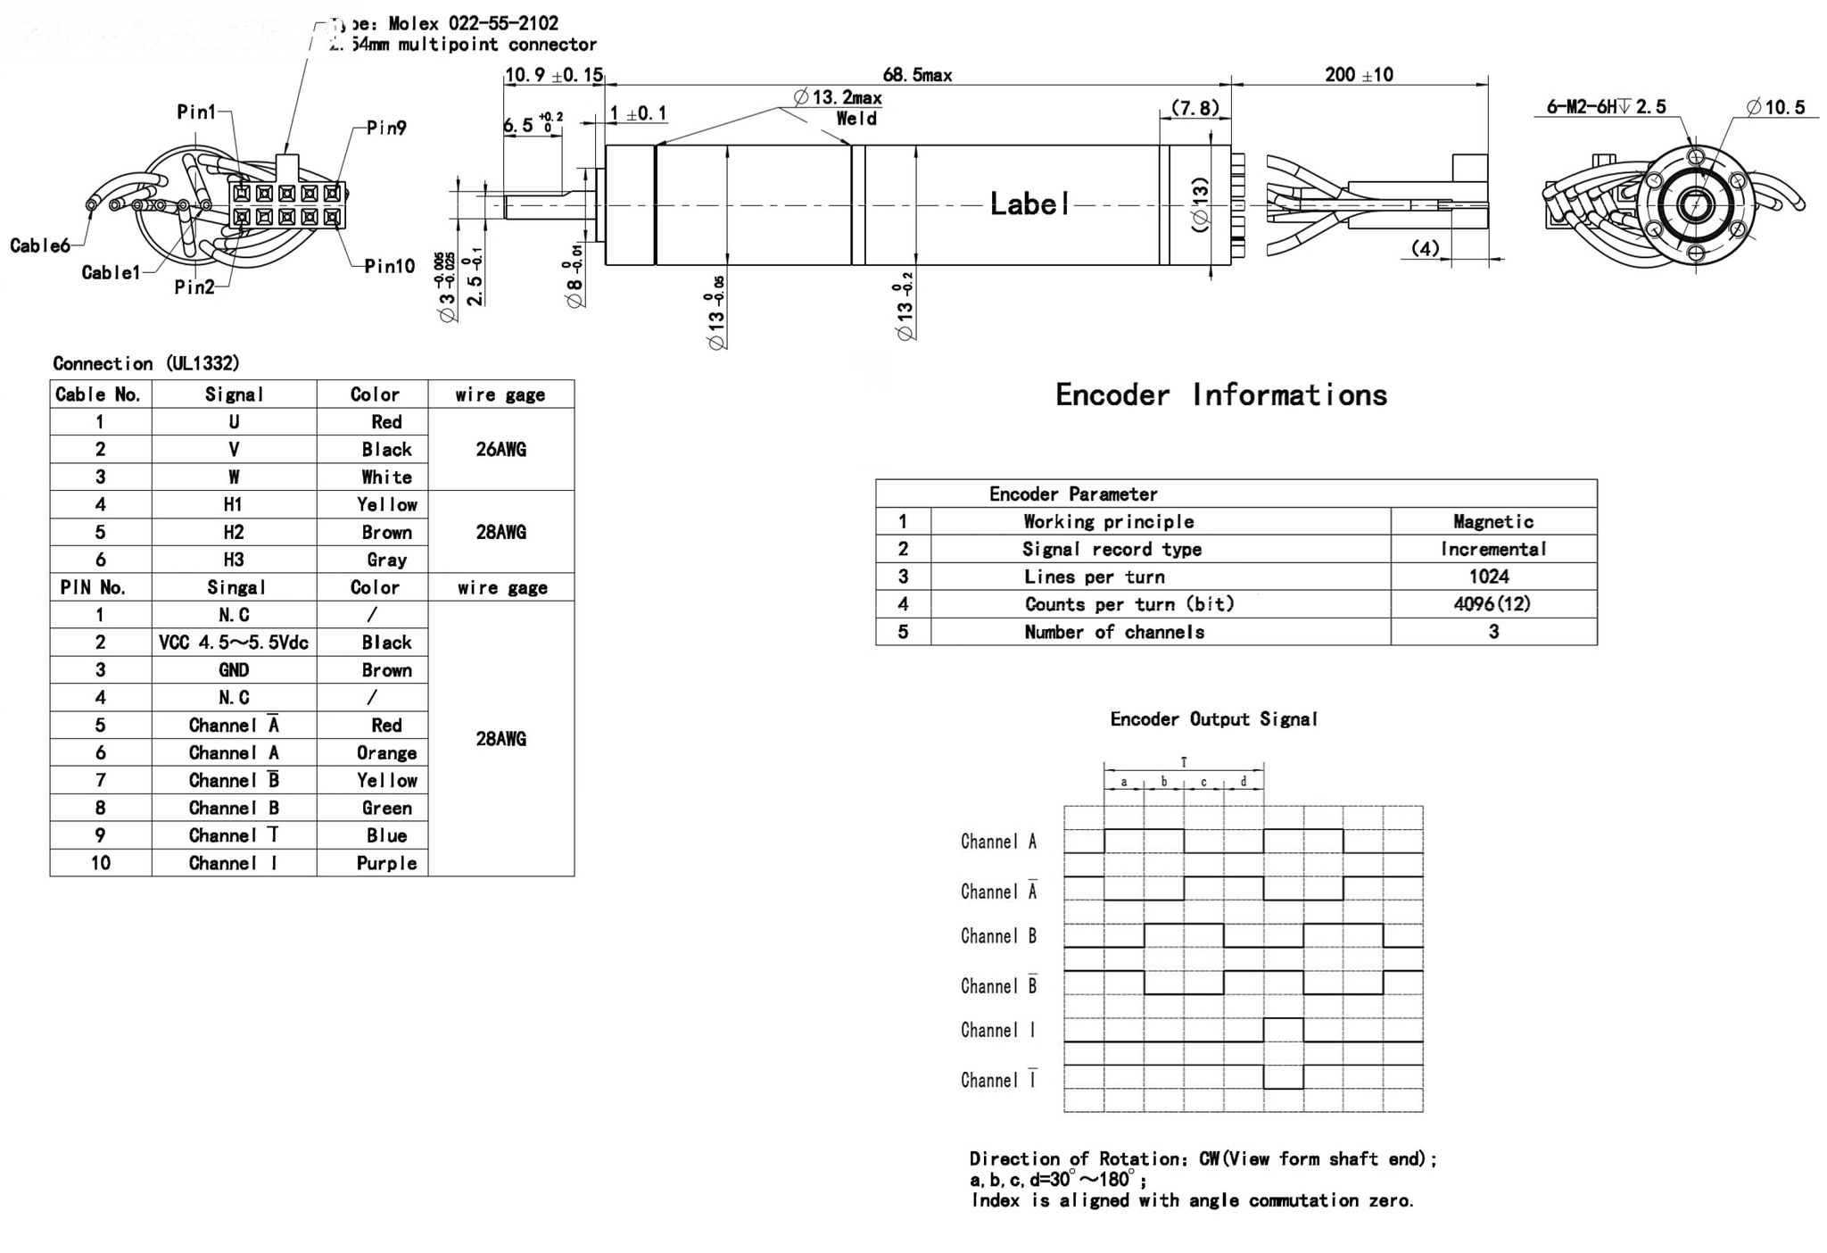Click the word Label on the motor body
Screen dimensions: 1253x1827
point(1029,204)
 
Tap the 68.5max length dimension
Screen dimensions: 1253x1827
point(917,75)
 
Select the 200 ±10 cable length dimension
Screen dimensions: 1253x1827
point(1359,75)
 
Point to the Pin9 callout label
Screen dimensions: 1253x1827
point(386,128)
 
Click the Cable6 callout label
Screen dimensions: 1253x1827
point(39,245)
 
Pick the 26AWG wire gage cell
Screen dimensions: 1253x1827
point(500,450)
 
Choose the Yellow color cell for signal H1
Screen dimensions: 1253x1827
point(386,505)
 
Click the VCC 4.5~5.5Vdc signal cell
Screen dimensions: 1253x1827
point(234,643)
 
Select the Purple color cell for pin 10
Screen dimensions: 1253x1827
point(386,863)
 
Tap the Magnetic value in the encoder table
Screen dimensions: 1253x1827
point(1492,522)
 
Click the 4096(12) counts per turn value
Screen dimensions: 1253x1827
point(1492,604)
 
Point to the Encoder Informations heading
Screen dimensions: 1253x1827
point(1220,395)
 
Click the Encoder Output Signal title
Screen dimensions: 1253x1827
point(1213,719)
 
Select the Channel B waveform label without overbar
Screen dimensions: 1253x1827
point(998,936)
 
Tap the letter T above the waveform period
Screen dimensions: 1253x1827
point(1184,762)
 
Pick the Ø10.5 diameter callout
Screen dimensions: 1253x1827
point(1775,107)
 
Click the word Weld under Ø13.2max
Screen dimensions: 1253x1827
point(856,119)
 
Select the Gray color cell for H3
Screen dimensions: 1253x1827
point(386,560)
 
